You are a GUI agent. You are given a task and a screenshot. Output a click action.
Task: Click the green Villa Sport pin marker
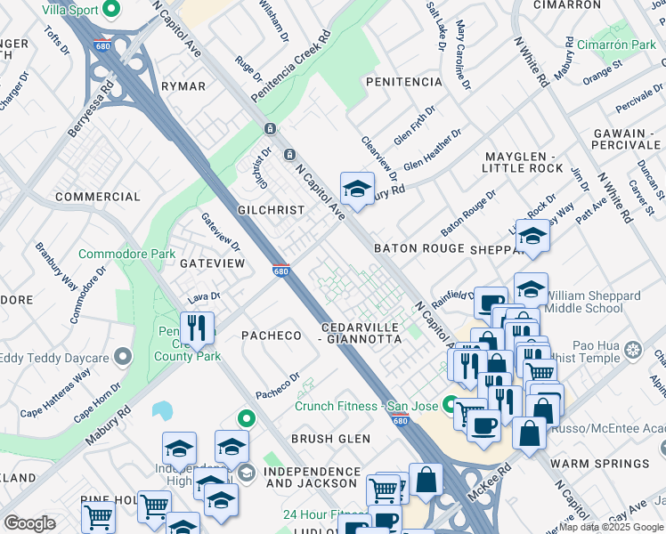tap(111, 11)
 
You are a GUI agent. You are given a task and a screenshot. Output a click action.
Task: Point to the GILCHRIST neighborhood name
tap(271, 210)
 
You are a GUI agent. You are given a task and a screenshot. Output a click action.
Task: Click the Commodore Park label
tap(126, 255)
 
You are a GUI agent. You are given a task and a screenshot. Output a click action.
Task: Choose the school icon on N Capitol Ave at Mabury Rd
tap(357, 189)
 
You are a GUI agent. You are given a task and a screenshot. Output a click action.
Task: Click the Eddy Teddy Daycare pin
tap(123, 358)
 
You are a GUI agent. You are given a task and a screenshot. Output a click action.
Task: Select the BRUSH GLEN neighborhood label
tap(329, 439)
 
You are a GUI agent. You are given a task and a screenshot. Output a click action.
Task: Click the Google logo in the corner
tap(29, 523)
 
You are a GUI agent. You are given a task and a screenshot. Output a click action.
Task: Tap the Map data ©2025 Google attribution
tap(605, 527)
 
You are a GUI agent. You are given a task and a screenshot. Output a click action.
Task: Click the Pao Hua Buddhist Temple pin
tap(633, 348)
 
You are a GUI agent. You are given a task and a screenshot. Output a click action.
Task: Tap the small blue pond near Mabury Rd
tap(162, 410)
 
